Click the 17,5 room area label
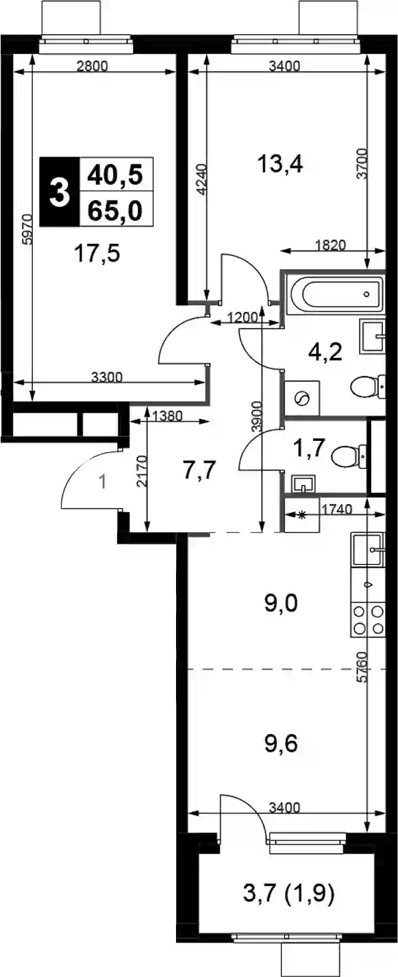click(97, 254)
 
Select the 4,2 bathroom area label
click(324, 351)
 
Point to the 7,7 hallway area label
click(199, 471)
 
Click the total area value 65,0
click(115, 211)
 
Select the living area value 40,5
click(115, 175)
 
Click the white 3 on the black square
click(60, 192)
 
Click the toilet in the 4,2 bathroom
click(369, 387)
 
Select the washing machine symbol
click(302, 397)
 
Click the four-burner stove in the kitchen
click(367, 620)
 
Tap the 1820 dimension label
click(330, 245)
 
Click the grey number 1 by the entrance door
click(103, 483)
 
